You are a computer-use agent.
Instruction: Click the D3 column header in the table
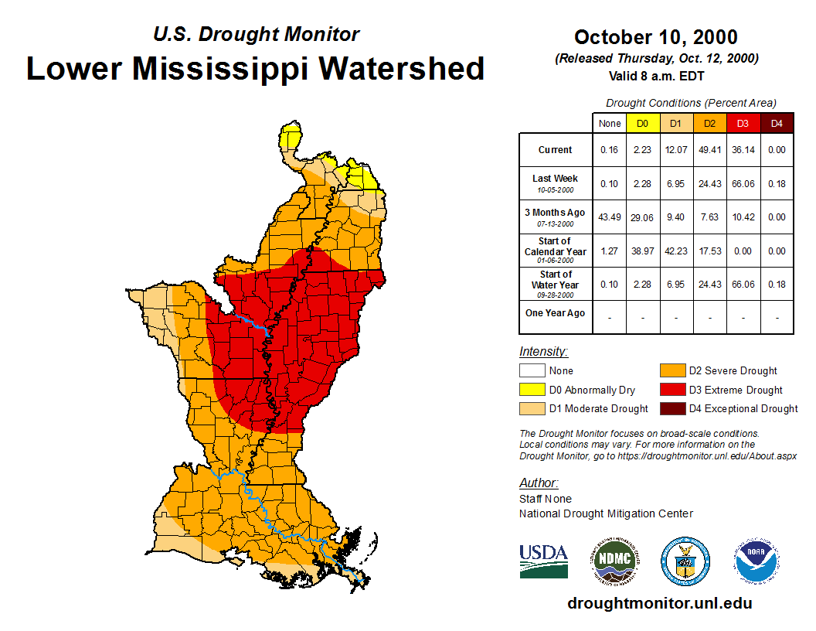click(743, 123)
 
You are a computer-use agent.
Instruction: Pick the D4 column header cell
click(777, 123)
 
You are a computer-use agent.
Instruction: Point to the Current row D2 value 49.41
click(709, 150)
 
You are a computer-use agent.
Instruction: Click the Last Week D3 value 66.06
click(743, 183)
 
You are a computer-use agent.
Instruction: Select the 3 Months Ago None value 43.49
click(610, 217)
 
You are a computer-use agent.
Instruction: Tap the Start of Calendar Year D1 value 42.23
click(676, 251)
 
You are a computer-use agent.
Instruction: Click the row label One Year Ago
click(556, 313)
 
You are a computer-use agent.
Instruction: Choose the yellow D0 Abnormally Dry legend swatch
click(532, 390)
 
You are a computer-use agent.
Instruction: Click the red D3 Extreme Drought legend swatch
click(672, 390)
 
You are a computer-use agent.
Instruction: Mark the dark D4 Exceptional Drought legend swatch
click(672, 408)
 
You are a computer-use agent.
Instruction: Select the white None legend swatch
click(532, 371)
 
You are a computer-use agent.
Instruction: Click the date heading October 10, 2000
click(655, 37)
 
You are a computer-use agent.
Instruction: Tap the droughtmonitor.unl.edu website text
click(659, 603)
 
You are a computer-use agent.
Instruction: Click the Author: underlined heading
click(538, 483)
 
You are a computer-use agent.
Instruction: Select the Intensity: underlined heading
click(543, 352)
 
